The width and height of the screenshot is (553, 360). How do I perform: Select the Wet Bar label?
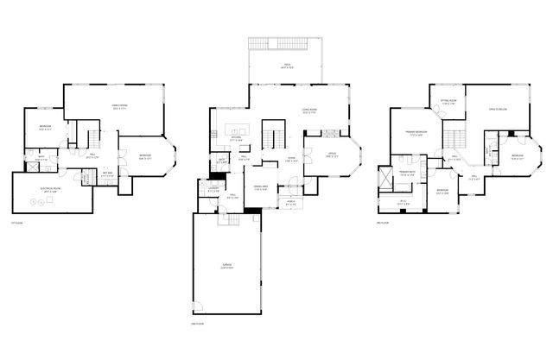click(x=108, y=174)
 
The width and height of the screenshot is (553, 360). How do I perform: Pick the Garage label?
click(x=227, y=267)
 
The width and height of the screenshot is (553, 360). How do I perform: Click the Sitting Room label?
click(x=448, y=101)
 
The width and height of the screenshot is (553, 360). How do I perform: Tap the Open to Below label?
click(x=498, y=111)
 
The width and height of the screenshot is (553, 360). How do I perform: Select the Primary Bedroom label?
click(x=415, y=133)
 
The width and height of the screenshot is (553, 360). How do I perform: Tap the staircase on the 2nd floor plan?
click(x=455, y=137)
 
